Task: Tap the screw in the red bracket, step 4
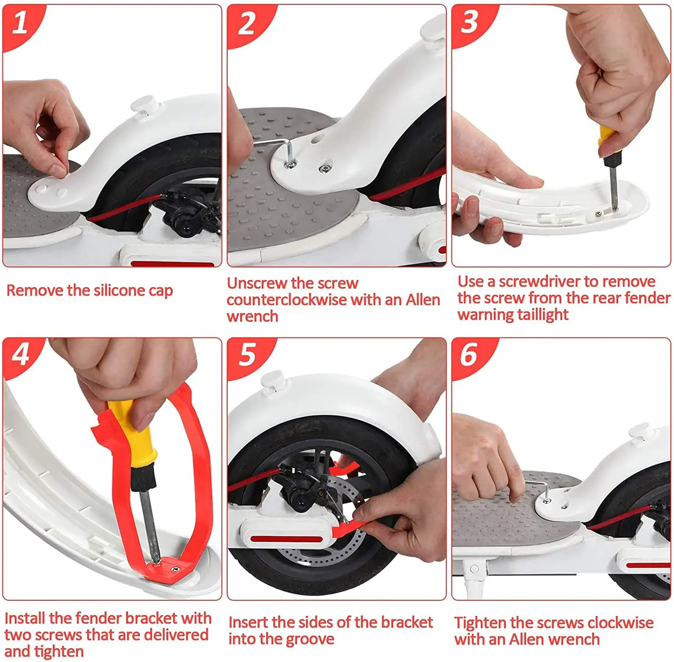click(175, 569)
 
